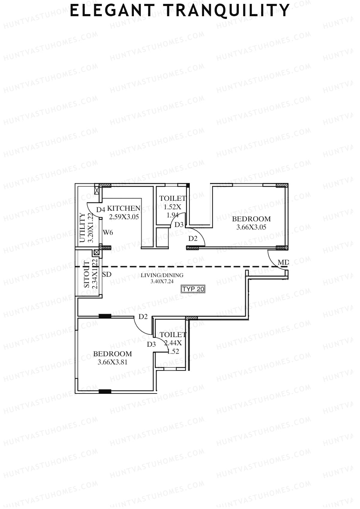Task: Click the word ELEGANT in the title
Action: (112, 11)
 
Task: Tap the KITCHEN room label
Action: (124, 208)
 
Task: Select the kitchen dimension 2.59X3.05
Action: (124, 217)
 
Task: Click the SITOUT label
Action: (86, 275)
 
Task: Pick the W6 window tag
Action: (108, 232)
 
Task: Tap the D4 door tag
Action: (100, 209)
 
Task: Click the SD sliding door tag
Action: (107, 274)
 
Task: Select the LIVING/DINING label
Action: (162, 275)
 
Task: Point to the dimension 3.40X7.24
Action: (162, 281)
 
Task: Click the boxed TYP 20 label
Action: (193, 289)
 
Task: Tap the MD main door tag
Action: (283, 263)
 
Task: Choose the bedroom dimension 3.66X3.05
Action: (251, 227)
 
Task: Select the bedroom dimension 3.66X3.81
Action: (112, 362)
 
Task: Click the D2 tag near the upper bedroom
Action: (193, 239)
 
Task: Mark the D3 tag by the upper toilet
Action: (179, 224)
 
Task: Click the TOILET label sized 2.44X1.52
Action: (173, 334)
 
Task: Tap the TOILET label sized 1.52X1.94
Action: (172, 198)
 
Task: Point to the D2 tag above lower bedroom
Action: (143, 316)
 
